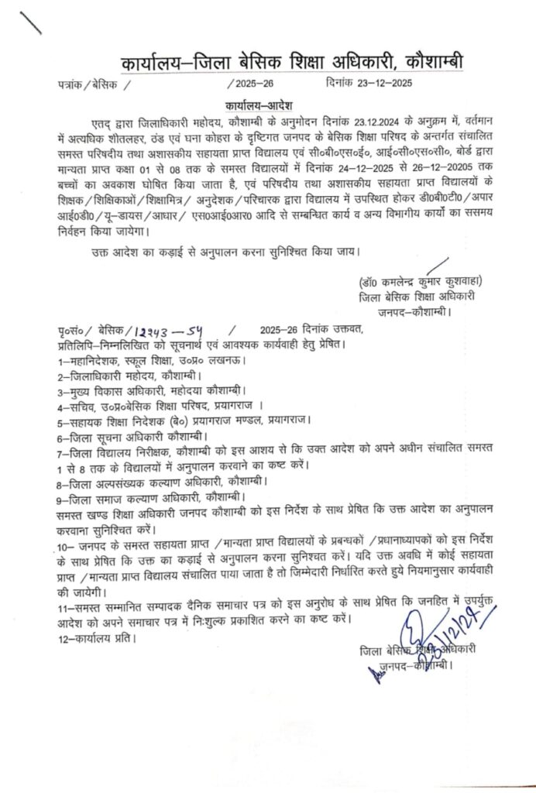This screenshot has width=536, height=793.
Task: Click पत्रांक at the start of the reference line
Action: coord(71,84)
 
